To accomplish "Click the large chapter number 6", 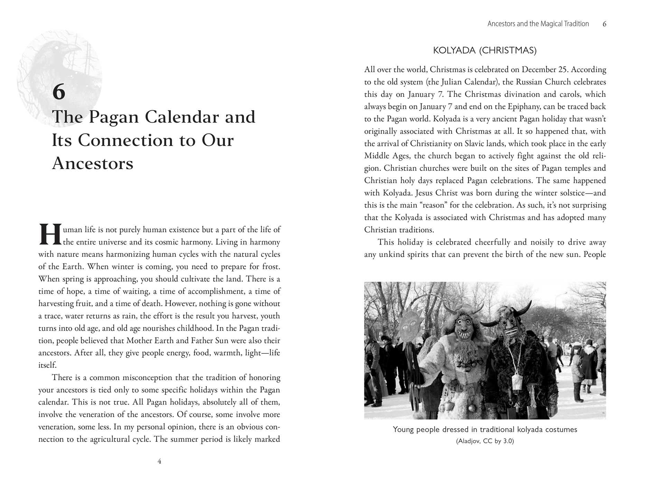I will [59, 92].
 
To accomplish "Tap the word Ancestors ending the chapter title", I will [93, 163].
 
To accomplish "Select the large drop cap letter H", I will [50, 235].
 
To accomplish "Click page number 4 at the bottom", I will [159, 461].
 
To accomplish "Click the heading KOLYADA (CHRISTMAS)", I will [485, 50].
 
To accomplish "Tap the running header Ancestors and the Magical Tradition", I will [538, 24].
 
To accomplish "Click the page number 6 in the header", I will [604, 24].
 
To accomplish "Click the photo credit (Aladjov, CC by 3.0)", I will [485, 441].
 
